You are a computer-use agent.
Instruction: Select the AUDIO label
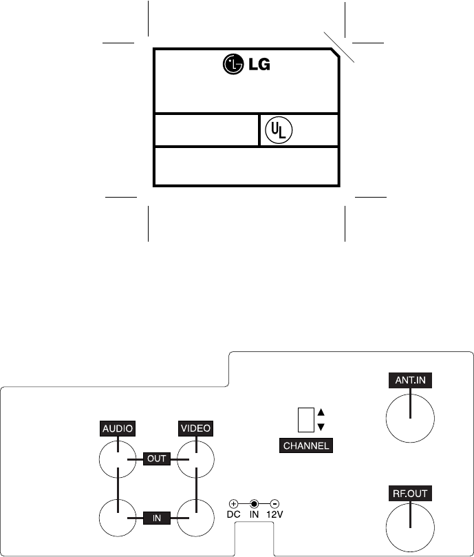tap(117, 428)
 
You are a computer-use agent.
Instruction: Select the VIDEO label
tap(195, 428)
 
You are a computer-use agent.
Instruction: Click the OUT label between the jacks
tap(158, 459)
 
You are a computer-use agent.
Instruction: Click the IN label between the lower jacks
tap(157, 518)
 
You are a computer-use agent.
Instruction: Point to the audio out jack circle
tap(118, 459)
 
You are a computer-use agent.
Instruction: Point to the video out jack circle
tap(196, 459)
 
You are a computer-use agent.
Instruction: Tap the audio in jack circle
tap(118, 518)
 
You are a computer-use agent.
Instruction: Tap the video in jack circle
tap(196, 518)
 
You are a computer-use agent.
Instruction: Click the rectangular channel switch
tap(305, 419)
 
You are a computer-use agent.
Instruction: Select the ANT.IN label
tap(409, 379)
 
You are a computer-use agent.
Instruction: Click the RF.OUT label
tap(409, 494)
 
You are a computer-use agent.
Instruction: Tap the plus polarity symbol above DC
tap(234, 504)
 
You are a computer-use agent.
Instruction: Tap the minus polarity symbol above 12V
tap(274, 504)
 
